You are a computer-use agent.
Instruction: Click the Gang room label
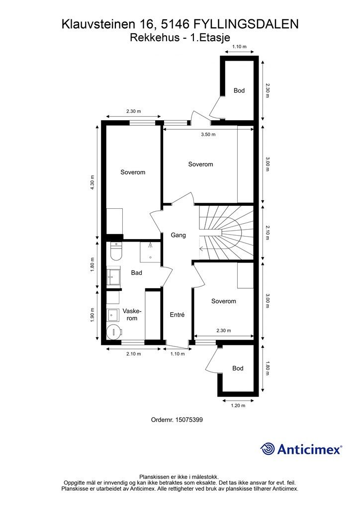pos(178,235)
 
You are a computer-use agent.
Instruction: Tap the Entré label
pos(177,315)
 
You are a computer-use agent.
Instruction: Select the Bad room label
pos(136,273)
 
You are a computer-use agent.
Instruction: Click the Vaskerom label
pos(130,315)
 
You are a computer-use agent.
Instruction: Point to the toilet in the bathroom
pos(115,251)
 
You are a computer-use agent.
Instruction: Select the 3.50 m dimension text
pos(208,134)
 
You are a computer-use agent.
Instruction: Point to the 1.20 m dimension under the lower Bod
pos(238,406)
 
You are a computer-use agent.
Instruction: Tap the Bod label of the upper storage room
pos(239,90)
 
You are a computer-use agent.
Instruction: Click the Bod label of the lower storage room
pos(238,368)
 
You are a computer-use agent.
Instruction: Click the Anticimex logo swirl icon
pos(267,449)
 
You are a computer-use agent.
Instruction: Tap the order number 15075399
pos(189,420)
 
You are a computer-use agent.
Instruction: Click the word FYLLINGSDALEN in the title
pos(246,24)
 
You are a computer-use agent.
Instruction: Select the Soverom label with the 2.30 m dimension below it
pos(223,301)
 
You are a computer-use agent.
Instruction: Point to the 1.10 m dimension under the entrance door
pos(178,354)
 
